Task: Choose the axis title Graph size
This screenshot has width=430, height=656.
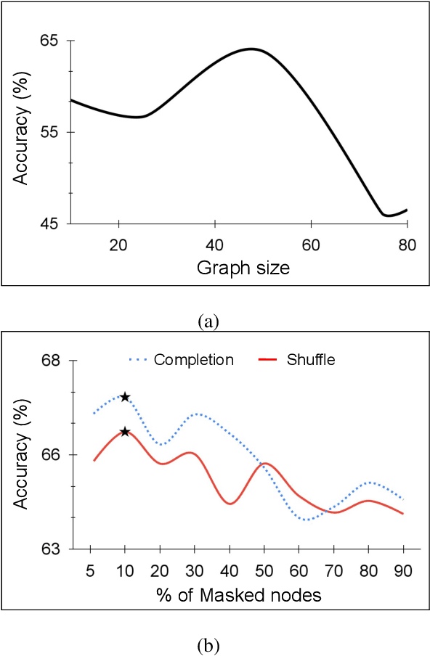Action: click(x=244, y=268)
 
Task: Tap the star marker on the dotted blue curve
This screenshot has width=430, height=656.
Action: click(x=125, y=397)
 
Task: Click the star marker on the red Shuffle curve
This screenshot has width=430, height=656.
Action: click(x=125, y=432)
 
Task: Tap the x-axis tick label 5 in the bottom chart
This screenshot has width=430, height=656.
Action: click(x=91, y=570)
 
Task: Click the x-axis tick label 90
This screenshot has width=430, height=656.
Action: click(x=403, y=570)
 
